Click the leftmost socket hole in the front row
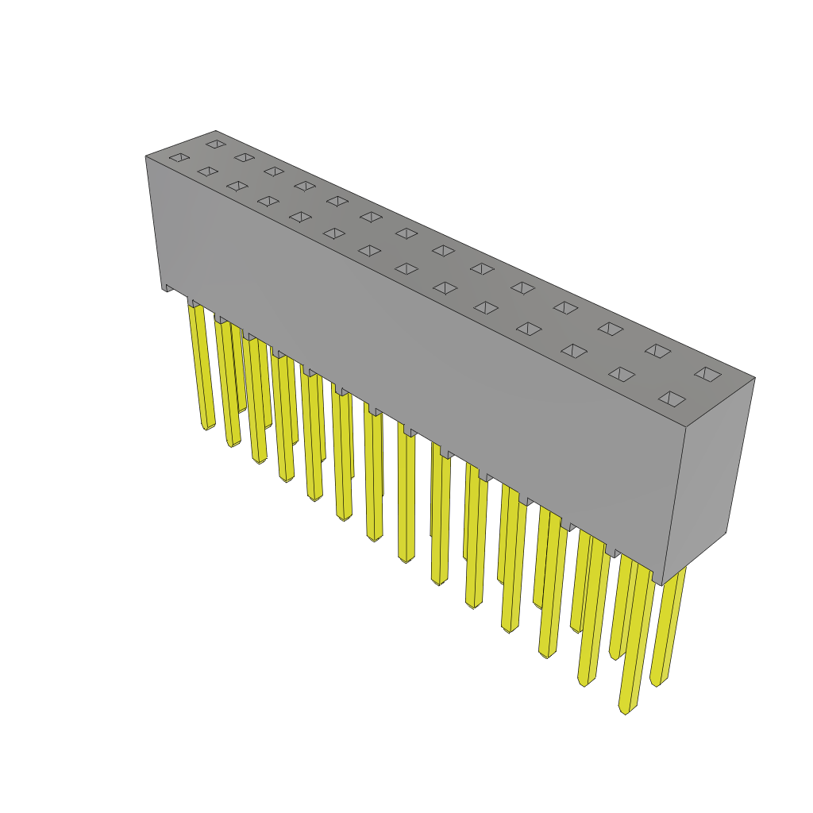click(179, 157)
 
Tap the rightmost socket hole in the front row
click(672, 399)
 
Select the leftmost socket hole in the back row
click(216, 144)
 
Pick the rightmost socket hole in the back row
click(707, 374)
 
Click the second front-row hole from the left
click(208, 171)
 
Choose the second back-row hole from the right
click(657, 351)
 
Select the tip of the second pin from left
click(233, 444)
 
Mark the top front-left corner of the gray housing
click(146, 156)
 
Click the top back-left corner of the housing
click(215, 131)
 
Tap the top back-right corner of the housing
click(754, 378)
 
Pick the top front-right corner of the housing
click(686, 427)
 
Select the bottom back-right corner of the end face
click(726, 532)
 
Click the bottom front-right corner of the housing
click(661, 585)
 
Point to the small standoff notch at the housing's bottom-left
click(168, 288)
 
